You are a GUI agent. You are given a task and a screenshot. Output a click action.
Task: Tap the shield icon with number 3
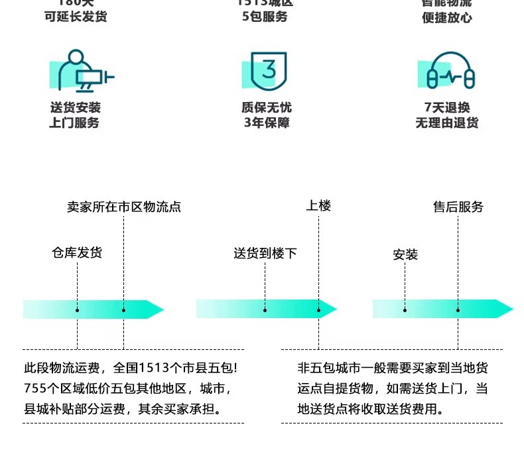(x=265, y=70)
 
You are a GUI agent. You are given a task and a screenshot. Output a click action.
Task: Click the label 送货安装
(x=75, y=107)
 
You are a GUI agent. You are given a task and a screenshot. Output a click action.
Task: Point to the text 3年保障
(x=267, y=123)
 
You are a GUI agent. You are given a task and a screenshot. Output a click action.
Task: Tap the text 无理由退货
(x=447, y=123)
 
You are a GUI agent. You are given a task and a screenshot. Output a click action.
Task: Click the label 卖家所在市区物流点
(x=123, y=207)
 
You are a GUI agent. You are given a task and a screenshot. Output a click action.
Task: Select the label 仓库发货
(x=77, y=253)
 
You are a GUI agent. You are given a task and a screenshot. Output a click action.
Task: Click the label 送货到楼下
(x=265, y=253)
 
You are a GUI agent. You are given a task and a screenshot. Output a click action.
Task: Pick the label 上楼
(x=318, y=206)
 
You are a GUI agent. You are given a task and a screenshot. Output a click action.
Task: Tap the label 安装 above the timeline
(x=405, y=254)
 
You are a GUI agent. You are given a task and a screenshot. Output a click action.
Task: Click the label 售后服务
(x=458, y=207)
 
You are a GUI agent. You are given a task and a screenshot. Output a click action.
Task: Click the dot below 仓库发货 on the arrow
(x=78, y=309)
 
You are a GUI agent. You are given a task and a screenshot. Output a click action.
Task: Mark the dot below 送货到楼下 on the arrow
(x=265, y=309)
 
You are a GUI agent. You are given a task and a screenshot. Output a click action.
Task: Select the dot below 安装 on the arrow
(x=405, y=309)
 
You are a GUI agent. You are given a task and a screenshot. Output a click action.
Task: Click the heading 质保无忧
(x=267, y=107)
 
